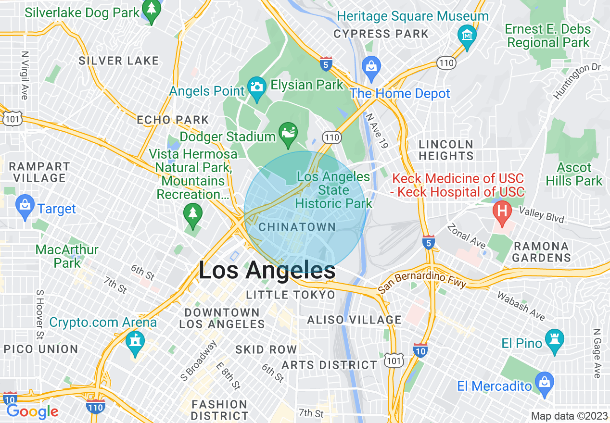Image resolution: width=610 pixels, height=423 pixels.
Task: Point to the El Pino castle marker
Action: point(555,340)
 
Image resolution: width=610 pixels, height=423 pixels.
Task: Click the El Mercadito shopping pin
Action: point(545,384)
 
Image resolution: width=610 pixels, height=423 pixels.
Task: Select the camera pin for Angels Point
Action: point(257,88)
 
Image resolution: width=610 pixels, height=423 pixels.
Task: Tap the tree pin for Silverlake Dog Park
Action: point(152,11)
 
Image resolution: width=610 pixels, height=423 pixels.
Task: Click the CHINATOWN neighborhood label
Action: point(297,227)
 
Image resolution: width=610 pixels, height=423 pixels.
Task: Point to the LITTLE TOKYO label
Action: point(290,295)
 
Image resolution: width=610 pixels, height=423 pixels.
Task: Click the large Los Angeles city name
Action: point(267,271)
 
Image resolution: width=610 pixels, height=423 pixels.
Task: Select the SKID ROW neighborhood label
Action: point(266,349)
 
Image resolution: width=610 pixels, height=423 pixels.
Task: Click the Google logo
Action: point(32,411)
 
